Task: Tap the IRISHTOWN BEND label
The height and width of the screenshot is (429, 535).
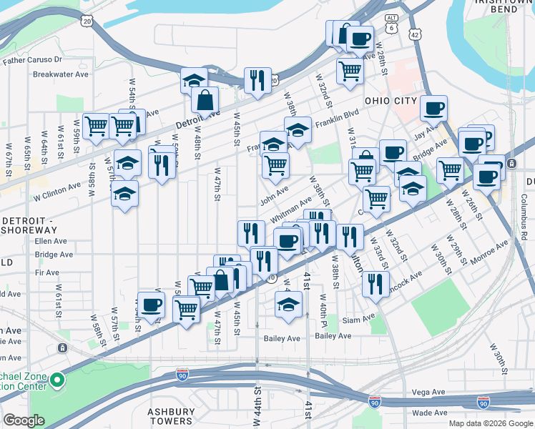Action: [x=503, y=9]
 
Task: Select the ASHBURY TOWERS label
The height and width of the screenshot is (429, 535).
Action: [x=171, y=416]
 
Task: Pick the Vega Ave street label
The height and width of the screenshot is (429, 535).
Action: [x=429, y=393]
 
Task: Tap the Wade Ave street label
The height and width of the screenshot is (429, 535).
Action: [x=430, y=413]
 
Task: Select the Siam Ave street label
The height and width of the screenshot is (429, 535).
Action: [x=358, y=319]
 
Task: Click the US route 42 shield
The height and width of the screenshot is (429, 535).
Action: [x=416, y=34]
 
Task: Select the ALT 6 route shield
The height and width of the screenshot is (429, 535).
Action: [x=391, y=22]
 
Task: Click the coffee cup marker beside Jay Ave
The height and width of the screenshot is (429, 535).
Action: [x=433, y=109]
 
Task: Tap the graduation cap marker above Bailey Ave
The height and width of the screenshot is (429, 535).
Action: [x=288, y=305]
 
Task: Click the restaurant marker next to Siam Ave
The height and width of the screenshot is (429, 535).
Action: [x=375, y=284]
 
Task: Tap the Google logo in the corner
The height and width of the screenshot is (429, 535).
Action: [x=24, y=420]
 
